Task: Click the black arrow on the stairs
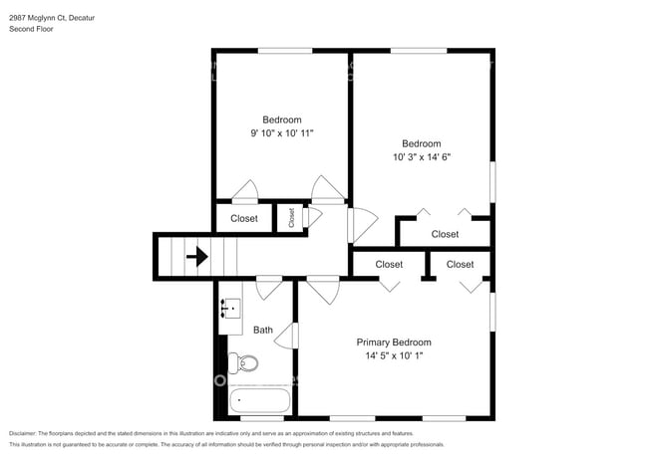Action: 197,257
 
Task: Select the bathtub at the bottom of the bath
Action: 259,401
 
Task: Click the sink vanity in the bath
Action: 229,316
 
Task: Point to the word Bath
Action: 263,331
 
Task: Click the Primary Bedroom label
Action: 394,342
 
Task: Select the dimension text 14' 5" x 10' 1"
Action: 394,355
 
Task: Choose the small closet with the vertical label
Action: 292,218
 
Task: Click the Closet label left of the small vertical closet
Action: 244,218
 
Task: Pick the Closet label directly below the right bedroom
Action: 445,234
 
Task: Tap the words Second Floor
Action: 32,30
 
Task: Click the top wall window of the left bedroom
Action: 281,50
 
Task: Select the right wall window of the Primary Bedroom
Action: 493,309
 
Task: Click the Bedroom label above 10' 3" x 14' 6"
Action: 421,142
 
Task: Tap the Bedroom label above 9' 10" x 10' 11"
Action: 281,119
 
